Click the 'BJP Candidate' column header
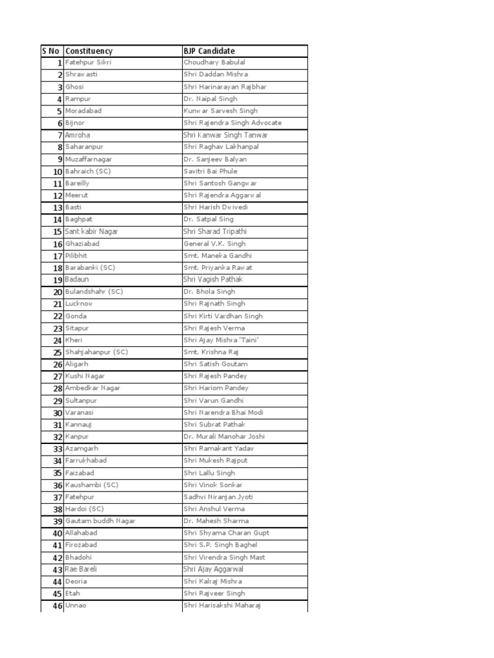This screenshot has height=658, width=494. [x=209, y=51]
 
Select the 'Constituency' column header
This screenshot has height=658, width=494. [x=89, y=51]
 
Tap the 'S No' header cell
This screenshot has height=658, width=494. [x=51, y=51]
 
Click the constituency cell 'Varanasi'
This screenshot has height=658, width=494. [x=80, y=413]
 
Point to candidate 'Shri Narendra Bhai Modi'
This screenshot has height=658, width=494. [x=223, y=413]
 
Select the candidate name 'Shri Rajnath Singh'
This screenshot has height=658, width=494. [x=214, y=304]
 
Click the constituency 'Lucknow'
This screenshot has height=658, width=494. [x=79, y=304]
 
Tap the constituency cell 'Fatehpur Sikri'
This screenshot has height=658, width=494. [x=88, y=63]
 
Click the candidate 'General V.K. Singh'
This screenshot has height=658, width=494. [x=214, y=244]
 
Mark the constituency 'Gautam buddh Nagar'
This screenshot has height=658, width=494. [x=100, y=521]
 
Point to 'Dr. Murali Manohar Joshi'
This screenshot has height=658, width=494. [x=223, y=437]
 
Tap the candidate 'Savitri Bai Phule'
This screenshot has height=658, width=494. [x=210, y=172]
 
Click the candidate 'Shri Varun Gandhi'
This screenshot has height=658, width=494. [x=214, y=400]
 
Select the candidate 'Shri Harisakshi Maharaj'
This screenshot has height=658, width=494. [x=223, y=606]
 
